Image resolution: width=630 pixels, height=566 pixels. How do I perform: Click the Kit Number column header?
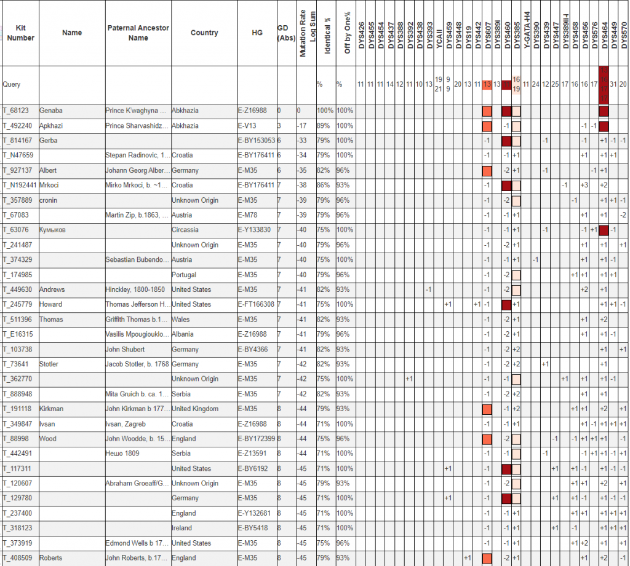point(20,33)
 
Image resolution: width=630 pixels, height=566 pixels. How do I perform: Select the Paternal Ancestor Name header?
point(138,33)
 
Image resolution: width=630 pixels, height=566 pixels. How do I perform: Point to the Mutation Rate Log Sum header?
point(303,35)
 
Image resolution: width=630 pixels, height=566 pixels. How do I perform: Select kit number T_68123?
point(17,111)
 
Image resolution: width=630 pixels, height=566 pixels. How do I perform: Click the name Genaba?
point(51,111)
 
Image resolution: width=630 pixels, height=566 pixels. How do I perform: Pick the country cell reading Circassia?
point(186,230)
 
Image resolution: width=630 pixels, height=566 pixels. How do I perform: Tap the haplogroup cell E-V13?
point(249,125)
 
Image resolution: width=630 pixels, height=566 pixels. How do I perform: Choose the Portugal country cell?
point(185,275)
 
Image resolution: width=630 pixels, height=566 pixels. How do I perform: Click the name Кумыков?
point(54,230)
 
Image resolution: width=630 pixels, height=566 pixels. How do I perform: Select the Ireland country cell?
point(181,528)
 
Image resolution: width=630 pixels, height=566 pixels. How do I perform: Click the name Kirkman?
point(52,409)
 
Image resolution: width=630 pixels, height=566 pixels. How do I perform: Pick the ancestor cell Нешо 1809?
point(122,454)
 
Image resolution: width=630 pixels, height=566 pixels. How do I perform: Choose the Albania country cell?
point(183,334)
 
